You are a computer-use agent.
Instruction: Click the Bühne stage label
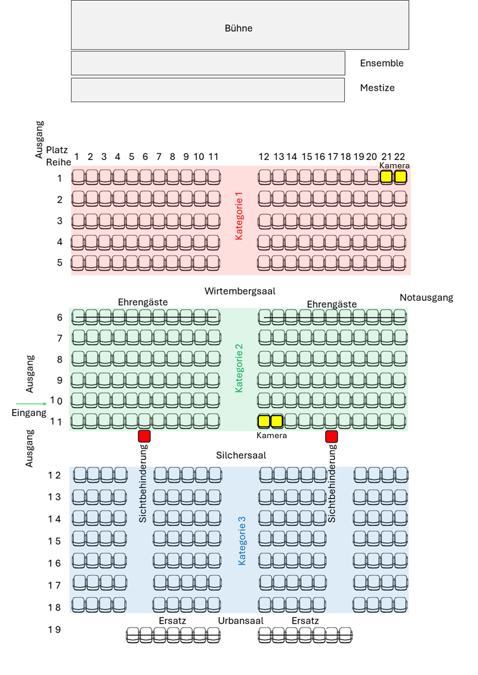[238, 28]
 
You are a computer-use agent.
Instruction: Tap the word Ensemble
[382, 63]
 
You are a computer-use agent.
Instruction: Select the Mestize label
[377, 88]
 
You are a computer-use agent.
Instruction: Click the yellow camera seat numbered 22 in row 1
[400, 177]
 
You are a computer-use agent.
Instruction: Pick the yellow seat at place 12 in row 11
[264, 421]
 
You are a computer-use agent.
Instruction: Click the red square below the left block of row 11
[144, 436]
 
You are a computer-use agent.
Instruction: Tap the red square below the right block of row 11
[332, 436]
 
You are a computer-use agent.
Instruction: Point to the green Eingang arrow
[31, 404]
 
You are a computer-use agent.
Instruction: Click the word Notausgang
[426, 298]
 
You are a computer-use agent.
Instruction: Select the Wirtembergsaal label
[240, 291]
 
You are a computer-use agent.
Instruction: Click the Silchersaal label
[241, 456]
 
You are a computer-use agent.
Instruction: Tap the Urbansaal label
[241, 621]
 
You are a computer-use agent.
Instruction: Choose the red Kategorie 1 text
[239, 216]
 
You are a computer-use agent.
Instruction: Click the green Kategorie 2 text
[239, 368]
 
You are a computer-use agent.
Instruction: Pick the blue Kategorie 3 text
[241, 541]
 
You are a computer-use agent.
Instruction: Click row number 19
[54, 629]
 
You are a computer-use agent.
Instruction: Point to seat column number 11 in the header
[213, 157]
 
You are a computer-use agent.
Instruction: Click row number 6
[60, 317]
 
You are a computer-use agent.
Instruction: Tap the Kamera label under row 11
[272, 435]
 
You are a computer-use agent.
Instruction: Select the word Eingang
[29, 413]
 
